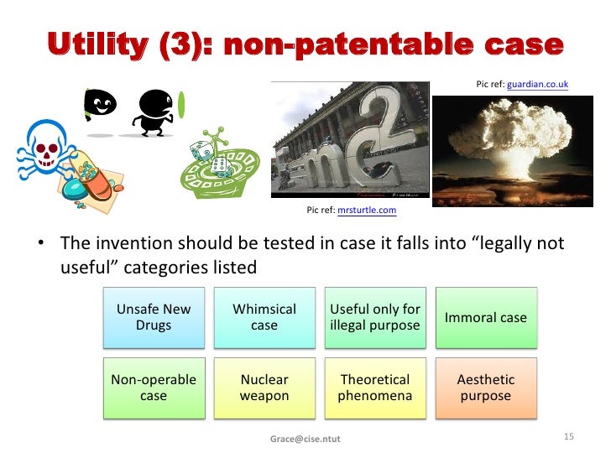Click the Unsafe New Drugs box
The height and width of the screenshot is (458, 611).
[x=154, y=317]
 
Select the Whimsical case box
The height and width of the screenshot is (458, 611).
[x=264, y=317]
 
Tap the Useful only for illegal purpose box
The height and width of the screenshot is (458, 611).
[x=374, y=317]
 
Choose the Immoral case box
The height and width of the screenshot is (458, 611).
[x=485, y=317]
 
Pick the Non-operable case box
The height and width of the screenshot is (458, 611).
[x=154, y=388]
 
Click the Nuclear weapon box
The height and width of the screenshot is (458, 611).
[x=264, y=388]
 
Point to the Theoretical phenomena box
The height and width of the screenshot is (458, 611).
[x=374, y=388]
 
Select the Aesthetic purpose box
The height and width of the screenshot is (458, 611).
[x=485, y=388]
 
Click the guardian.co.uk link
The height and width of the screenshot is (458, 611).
[x=537, y=85]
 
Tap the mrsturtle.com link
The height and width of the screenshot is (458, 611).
[x=366, y=210]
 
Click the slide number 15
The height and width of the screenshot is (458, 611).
[x=568, y=437]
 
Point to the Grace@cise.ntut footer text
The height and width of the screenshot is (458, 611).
[x=305, y=439]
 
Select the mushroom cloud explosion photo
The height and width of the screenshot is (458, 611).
[x=501, y=148]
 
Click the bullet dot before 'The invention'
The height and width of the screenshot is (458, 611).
[x=39, y=245]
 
